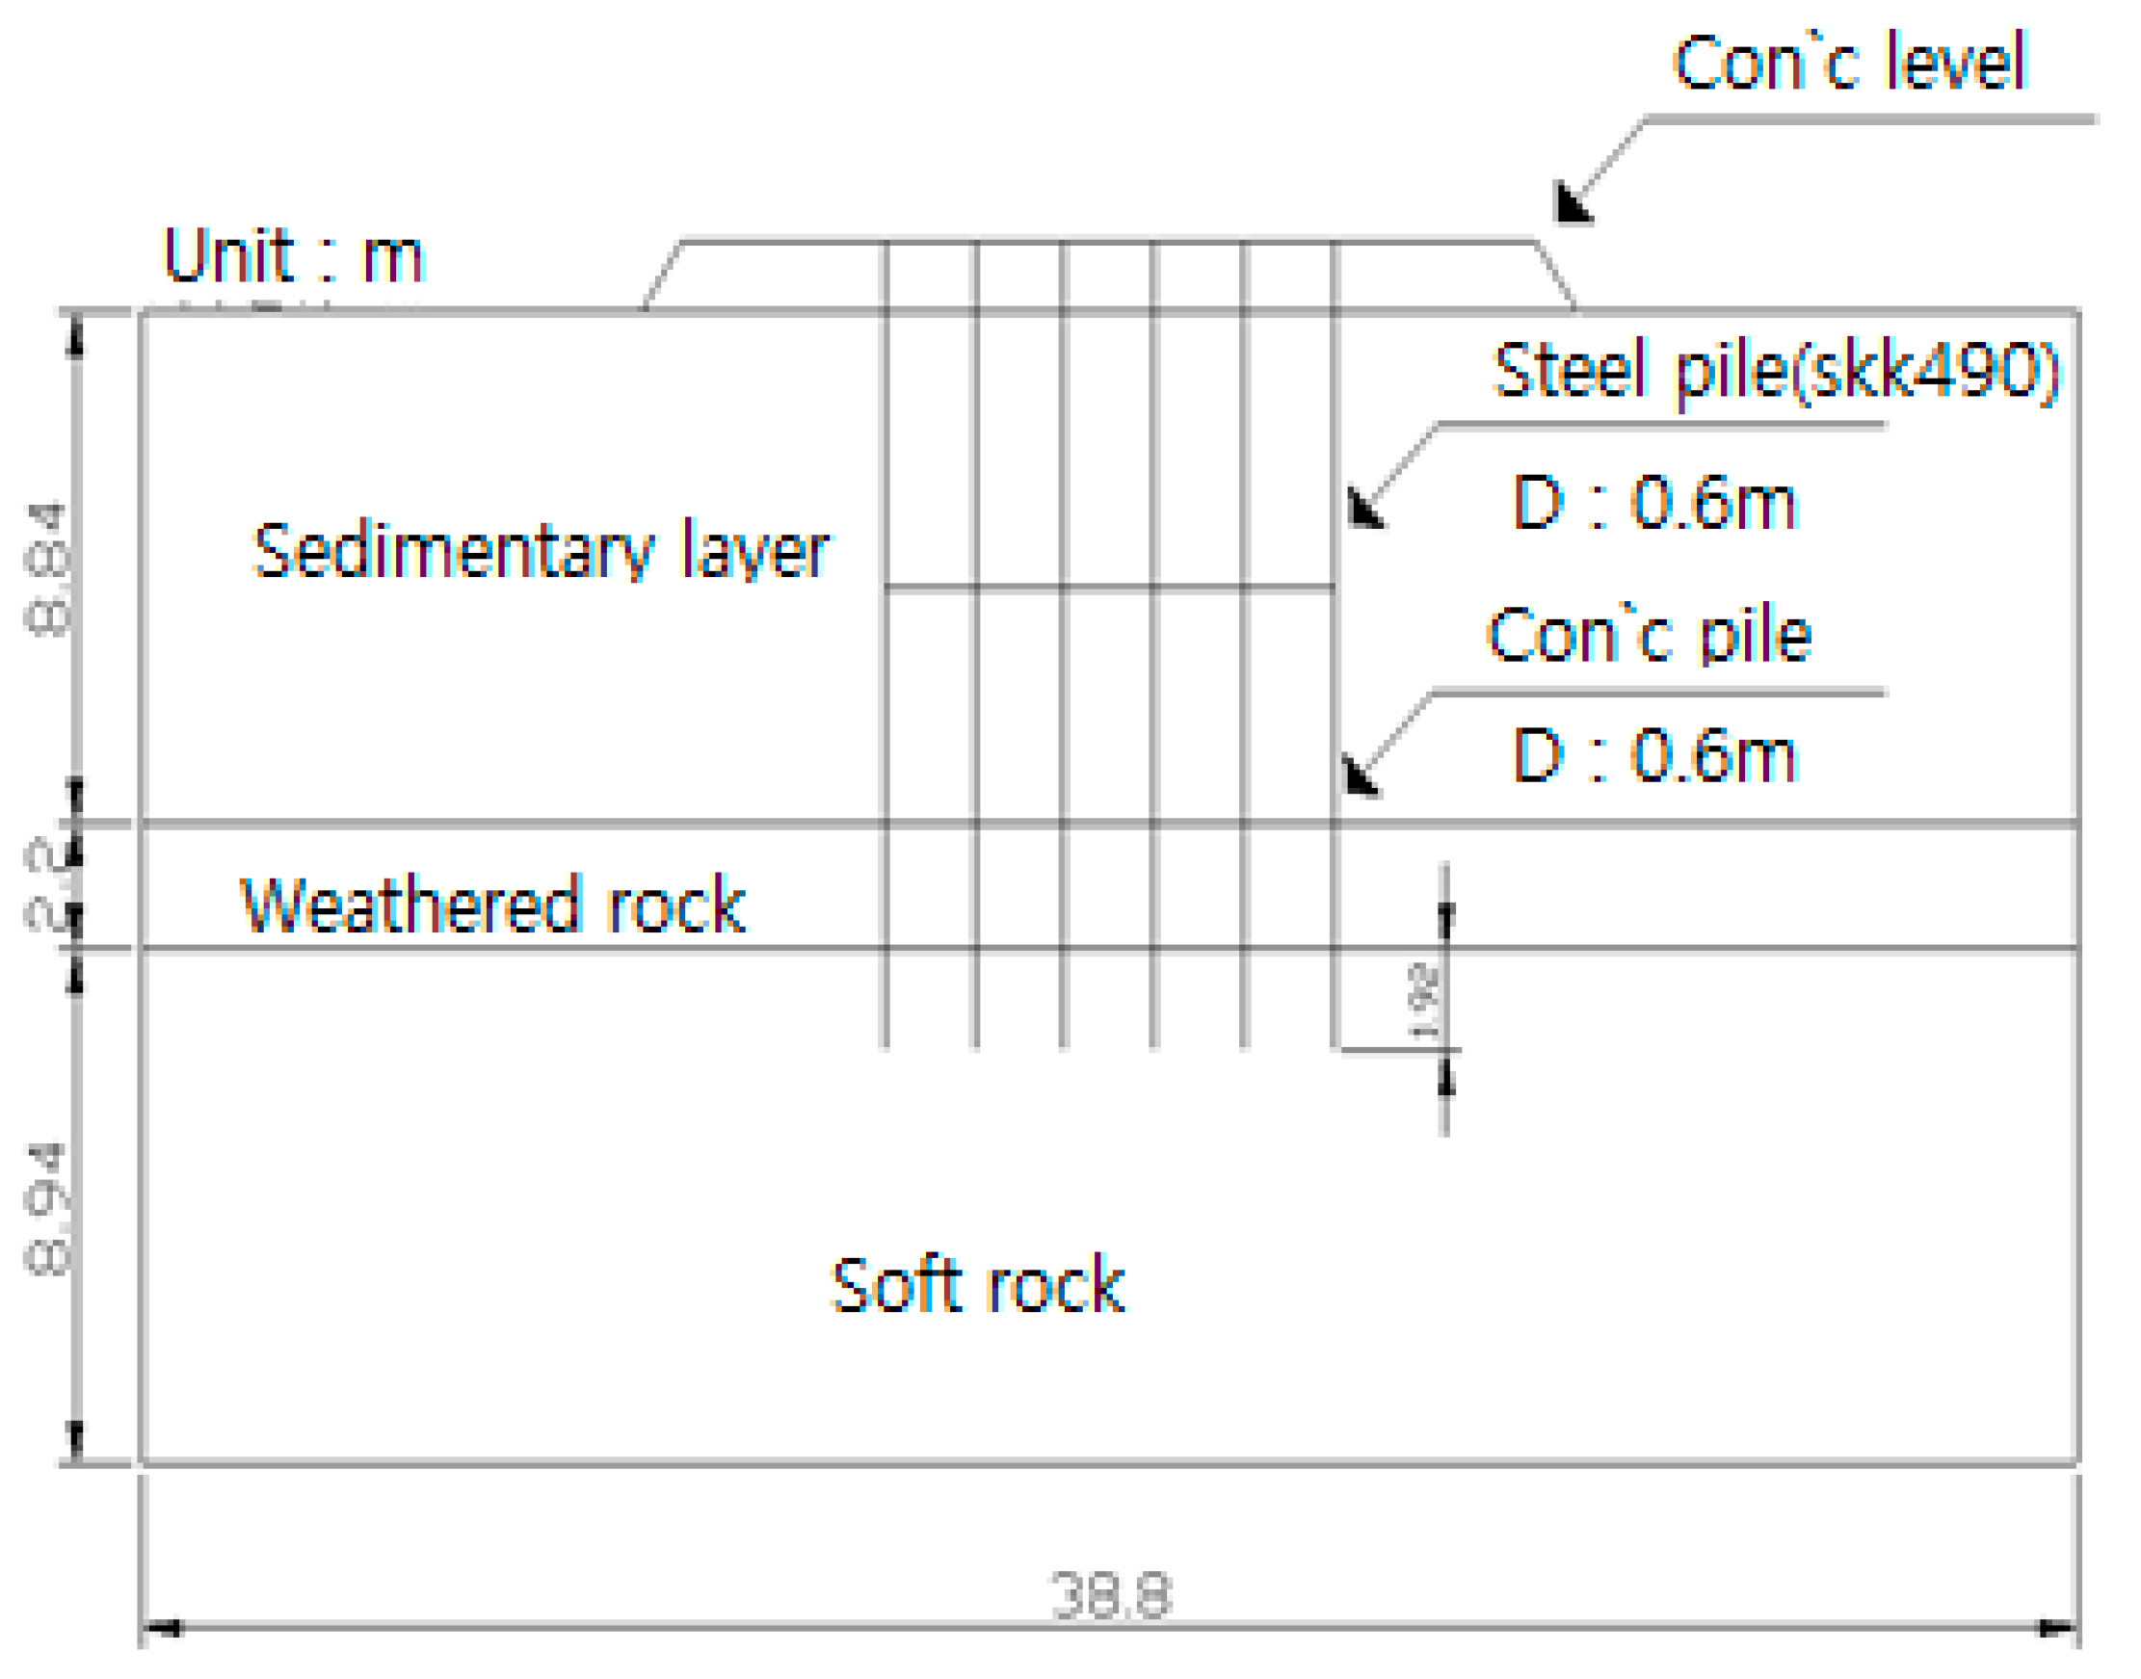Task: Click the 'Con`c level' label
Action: pos(1849,62)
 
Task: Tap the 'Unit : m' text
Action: pos(293,255)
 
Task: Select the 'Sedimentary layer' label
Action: pos(542,550)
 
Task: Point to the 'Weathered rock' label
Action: pos(492,905)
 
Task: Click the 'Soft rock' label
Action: pos(977,1286)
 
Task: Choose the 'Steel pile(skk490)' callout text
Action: pos(1775,372)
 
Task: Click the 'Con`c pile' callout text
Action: pos(1650,635)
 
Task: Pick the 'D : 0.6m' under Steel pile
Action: pos(1655,502)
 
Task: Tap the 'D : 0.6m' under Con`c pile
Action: pos(1655,755)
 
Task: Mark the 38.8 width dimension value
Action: pos(1111,1595)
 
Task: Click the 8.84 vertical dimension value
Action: pos(47,569)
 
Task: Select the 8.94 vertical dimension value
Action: pos(47,1209)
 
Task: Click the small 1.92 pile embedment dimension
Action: pos(1425,1001)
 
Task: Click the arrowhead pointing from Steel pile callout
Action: pos(1364,510)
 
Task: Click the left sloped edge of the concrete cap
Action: pos(663,275)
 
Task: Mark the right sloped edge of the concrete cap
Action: pos(1555,275)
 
